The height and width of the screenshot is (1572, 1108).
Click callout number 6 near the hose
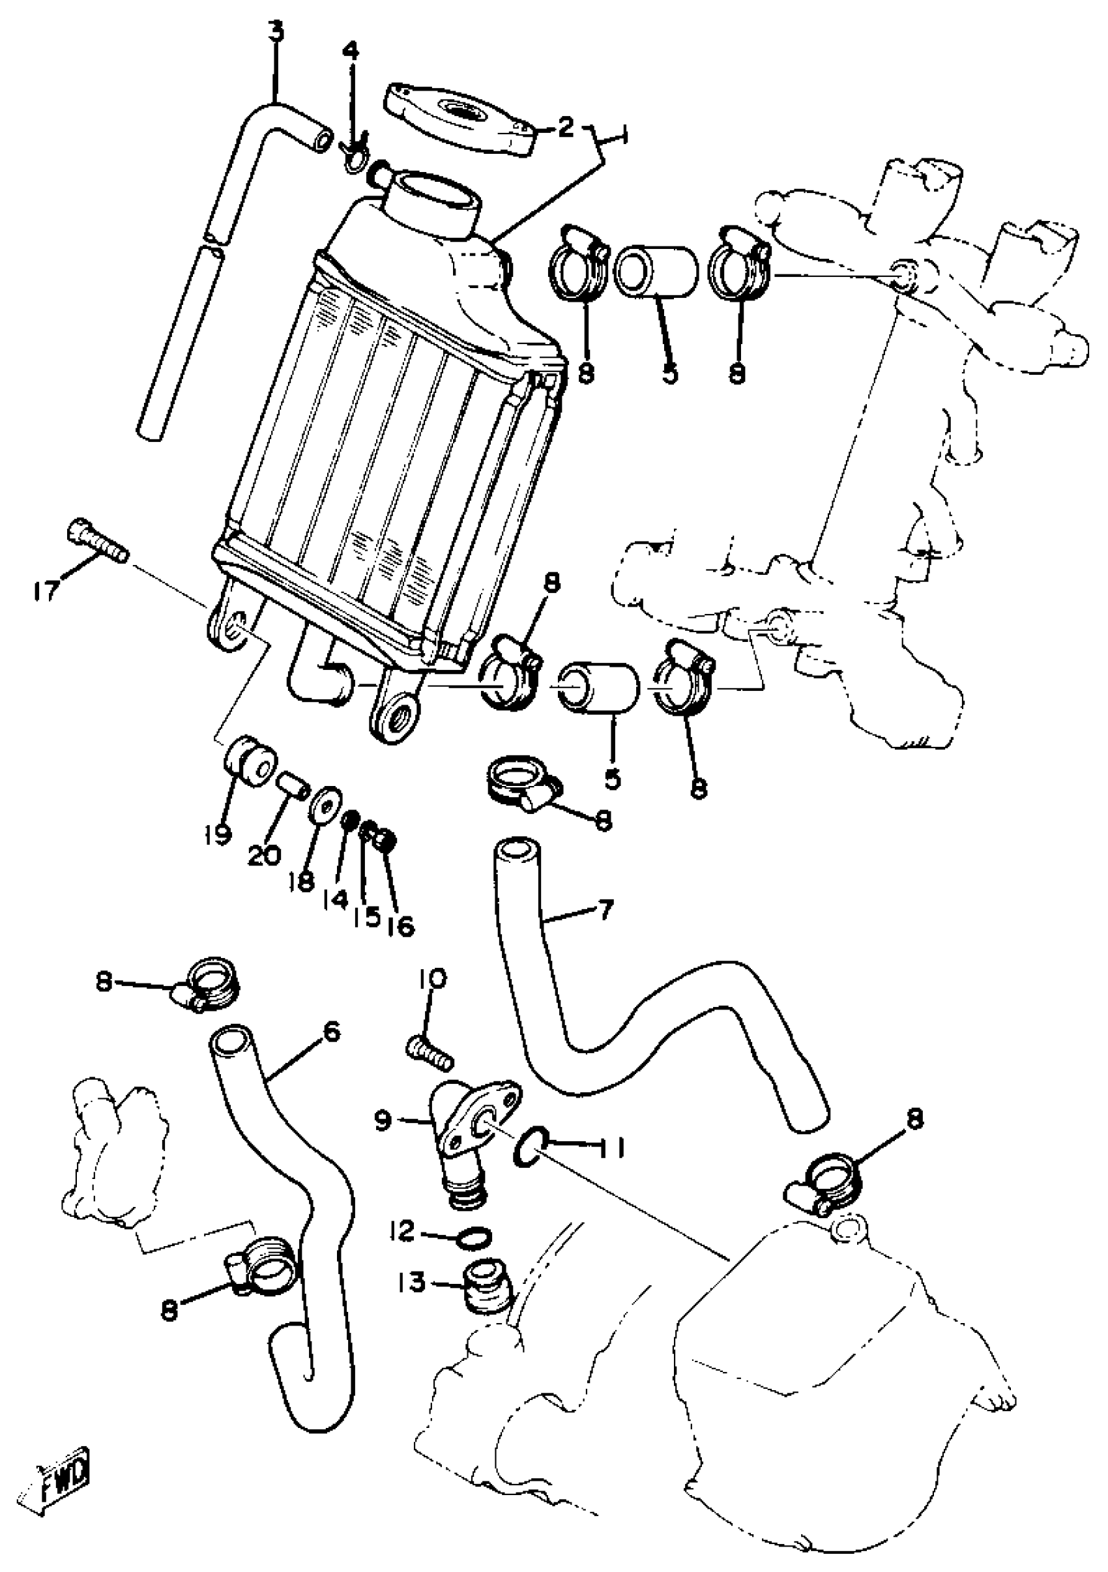pos(330,1032)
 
